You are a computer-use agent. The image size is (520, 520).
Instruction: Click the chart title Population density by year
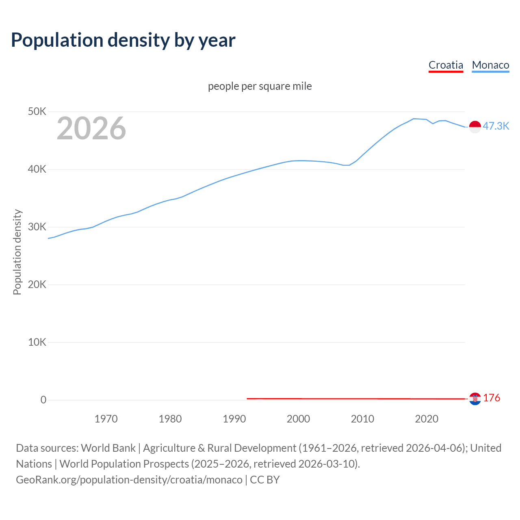click(123, 40)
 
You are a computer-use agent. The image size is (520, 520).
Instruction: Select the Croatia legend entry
click(446, 65)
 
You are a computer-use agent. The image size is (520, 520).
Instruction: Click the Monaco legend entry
click(490, 65)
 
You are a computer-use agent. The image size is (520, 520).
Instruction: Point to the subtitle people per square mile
click(260, 86)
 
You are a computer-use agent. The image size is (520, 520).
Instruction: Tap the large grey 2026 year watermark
click(91, 128)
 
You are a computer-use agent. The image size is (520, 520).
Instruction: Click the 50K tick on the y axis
click(37, 111)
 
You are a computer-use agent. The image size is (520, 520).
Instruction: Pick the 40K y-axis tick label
click(37, 169)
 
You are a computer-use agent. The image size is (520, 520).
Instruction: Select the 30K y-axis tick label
click(37, 227)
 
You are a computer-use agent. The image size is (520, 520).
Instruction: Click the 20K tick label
click(37, 284)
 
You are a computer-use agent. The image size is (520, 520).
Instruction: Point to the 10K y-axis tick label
click(37, 342)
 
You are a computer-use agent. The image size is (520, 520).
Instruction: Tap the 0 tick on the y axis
click(43, 400)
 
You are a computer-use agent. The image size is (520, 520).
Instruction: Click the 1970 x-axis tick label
click(106, 419)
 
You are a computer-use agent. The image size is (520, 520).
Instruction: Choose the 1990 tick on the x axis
click(234, 419)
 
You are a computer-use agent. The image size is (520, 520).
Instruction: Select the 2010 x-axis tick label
click(362, 419)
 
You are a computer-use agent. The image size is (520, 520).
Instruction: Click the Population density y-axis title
click(17, 252)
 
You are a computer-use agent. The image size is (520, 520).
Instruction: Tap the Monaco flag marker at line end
click(475, 127)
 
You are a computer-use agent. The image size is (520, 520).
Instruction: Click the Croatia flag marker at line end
click(475, 399)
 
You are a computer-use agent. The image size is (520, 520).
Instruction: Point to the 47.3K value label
click(496, 126)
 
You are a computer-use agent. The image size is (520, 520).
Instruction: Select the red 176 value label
click(492, 398)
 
